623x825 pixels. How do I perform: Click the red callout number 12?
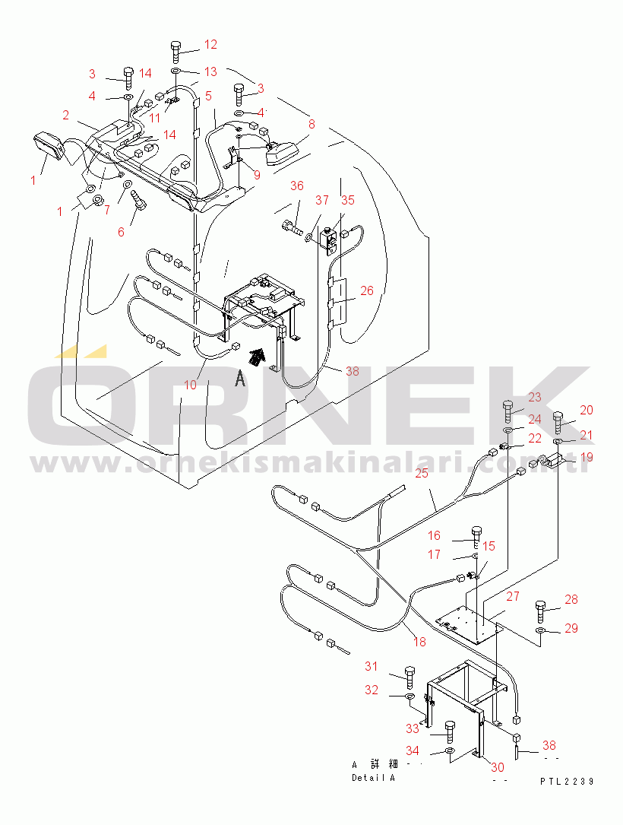(x=210, y=45)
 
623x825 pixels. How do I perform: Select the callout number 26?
(x=367, y=290)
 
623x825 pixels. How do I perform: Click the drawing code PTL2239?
(x=567, y=782)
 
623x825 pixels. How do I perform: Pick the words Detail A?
(x=373, y=778)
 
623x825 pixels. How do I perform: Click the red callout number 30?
(x=498, y=768)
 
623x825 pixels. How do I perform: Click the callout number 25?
(x=422, y=473)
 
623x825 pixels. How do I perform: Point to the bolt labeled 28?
(x=542, y=611)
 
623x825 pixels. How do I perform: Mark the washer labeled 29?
(x=542, y=630)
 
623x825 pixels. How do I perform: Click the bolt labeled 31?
(x=410, y=677)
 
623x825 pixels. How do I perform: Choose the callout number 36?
(x=297, y=186)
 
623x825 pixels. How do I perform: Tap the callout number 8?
(x=311, y=124)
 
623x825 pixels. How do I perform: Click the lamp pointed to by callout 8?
(x=281, y=153)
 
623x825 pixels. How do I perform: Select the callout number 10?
(x=190, y=385)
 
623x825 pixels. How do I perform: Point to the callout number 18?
(x=419, y=642)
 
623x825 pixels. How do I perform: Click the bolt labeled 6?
(x=140, y=200)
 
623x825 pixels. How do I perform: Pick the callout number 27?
(x=513, y=596)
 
